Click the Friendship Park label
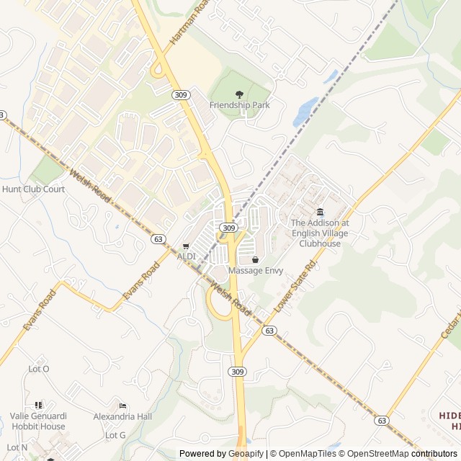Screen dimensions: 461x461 (239, 105)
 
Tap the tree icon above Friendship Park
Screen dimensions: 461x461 (239, 94)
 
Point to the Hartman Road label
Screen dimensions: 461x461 (189, 24)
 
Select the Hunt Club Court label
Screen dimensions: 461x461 (33, 189)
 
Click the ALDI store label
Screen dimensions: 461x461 (187, 256)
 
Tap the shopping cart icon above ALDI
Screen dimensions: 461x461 (187, 246)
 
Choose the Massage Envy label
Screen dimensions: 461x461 (255, 271)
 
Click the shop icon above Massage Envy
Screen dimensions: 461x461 (255, 259)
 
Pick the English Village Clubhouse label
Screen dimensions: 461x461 (320, 233)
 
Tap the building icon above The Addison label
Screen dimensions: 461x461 (320, 212)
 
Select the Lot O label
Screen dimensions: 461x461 (38, 369)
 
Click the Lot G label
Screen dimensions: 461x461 (115, 435)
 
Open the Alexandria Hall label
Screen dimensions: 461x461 (122, 416)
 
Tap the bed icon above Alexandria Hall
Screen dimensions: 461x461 (122, 405)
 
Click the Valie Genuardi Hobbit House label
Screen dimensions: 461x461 (37, 421)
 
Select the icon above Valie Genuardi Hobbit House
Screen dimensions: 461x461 (38, 405)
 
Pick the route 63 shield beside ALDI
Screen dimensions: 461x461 (158, 238)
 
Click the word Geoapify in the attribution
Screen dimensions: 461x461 (246, 454)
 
